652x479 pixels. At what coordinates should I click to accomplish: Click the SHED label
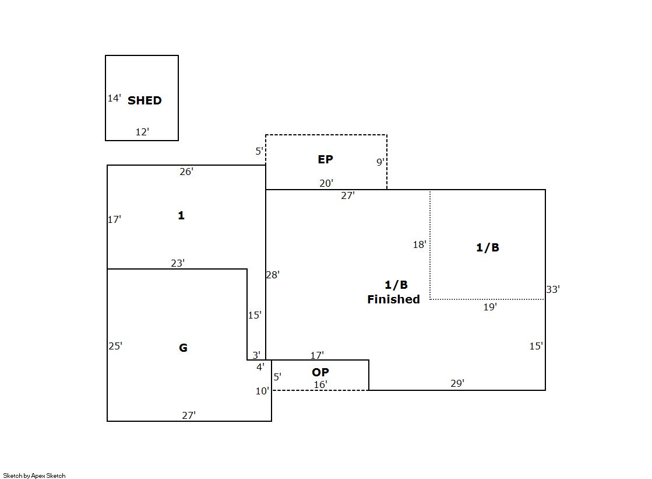point(145,100)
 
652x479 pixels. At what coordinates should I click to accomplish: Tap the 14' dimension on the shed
point(114,98)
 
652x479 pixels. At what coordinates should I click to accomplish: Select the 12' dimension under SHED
point(142,132)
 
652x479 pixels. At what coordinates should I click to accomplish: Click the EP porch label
point(325,159)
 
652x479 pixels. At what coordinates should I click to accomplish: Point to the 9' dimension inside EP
point(380,162)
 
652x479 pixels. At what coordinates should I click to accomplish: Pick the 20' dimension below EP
point(326,183)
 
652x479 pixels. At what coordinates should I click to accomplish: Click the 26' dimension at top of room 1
point(186,172)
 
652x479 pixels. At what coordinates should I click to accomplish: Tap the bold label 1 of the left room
point(181,215)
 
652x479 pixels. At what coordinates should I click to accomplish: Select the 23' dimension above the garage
point(178,263)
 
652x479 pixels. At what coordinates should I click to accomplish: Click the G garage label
point(183,348)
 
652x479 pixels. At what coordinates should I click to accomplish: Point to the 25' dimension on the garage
point(115,346)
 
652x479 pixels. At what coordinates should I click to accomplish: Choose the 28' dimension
point(273,275)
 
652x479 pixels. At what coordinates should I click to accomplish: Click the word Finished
point(393,299)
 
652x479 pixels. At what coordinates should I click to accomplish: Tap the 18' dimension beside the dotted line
point(420,244)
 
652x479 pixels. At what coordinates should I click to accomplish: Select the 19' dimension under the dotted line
point(490,307)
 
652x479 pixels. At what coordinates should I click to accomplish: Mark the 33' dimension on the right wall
point(553,289)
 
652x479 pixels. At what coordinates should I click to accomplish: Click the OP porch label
point(320,372)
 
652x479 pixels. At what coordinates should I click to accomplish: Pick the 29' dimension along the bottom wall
point(457,383)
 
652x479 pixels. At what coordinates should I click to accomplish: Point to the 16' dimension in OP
point(320,384)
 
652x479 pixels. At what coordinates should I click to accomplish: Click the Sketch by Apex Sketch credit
point(34,475)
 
